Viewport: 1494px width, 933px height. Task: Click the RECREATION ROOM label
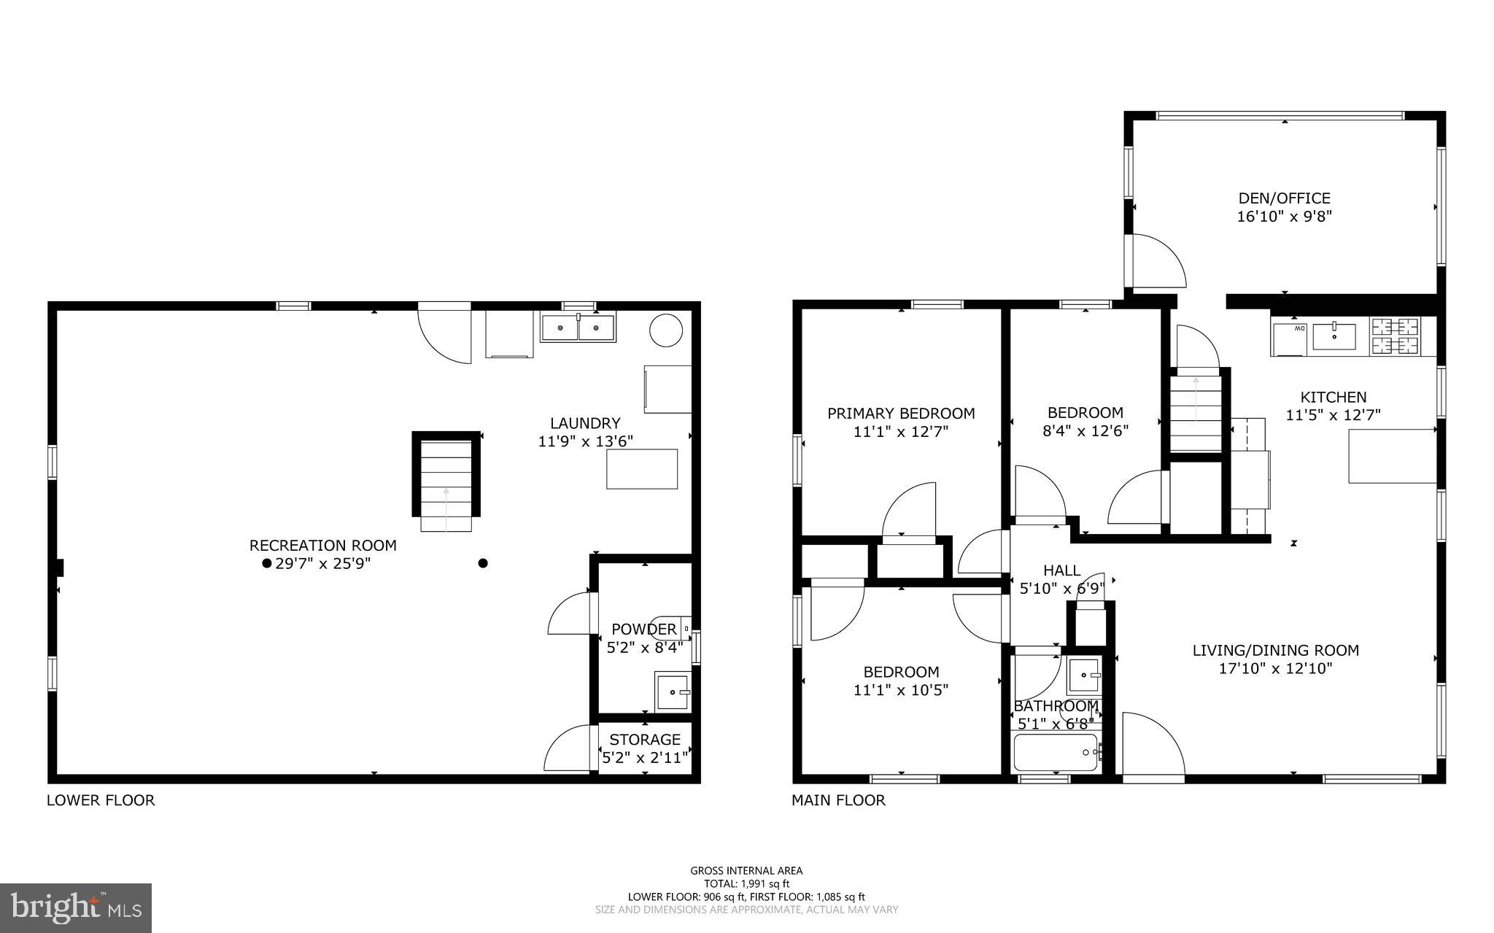[323, 546]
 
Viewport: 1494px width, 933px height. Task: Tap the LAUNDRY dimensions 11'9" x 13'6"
[585, 441]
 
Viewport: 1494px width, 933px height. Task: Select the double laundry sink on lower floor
[578, 328]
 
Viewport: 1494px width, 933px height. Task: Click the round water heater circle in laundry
[665, 330]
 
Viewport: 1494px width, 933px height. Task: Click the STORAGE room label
[645, 740]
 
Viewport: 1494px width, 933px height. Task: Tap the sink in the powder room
[672, 692]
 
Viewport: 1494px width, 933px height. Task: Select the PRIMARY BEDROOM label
[901, 414]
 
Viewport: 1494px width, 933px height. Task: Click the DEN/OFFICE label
[1284, 198]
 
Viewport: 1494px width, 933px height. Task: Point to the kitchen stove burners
[1396, 336]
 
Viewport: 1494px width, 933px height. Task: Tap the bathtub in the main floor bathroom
[1056, 753]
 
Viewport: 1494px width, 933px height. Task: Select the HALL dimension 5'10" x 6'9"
[1061, 589]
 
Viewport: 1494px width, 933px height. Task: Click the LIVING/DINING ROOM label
[1275, 650]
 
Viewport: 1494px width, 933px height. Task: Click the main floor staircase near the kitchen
[1195, 414]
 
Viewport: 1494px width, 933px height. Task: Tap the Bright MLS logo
[76, 907]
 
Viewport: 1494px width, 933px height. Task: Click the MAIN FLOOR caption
[838, 800]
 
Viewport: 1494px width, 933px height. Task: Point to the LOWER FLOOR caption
[101, 800]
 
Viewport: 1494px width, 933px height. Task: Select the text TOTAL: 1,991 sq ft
[746, 883]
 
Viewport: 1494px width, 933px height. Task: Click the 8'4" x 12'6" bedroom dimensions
[1085, 431]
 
